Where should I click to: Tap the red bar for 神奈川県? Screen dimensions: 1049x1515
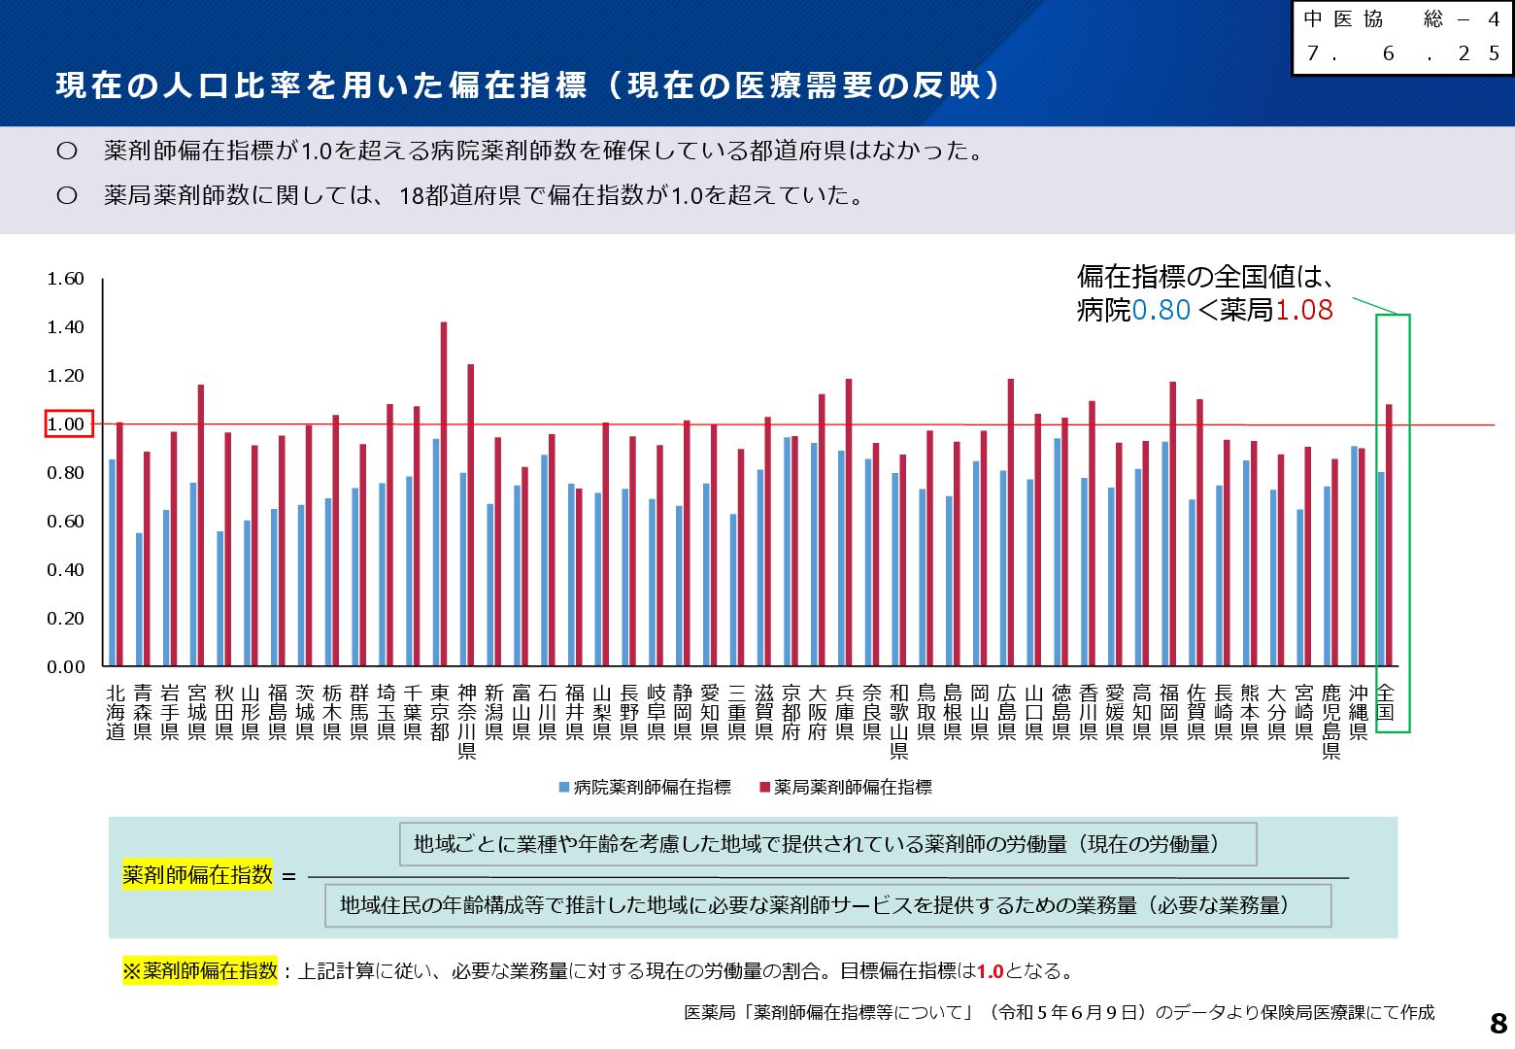click(471, 515)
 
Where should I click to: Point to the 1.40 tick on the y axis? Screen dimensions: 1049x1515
click(66, 327)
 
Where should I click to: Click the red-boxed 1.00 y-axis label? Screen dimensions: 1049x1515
click(69, 424)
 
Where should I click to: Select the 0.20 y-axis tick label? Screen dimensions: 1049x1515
click(66, 619)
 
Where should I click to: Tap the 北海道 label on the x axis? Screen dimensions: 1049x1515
click(116, 712)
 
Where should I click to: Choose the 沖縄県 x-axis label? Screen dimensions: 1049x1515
click(1358, 712)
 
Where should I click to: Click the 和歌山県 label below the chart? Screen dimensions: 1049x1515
click(899, 721)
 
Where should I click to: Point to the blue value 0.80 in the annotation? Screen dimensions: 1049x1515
click(1161, 311)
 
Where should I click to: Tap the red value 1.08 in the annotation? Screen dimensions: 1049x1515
click(1304, 311)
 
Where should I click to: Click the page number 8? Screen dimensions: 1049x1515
click(1498, 1023)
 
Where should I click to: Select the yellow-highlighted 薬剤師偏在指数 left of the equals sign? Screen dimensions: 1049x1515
click(197, 875)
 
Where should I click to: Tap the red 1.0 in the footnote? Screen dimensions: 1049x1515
click(990, 971)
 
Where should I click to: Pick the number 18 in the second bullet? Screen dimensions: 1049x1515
click(412, 196)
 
